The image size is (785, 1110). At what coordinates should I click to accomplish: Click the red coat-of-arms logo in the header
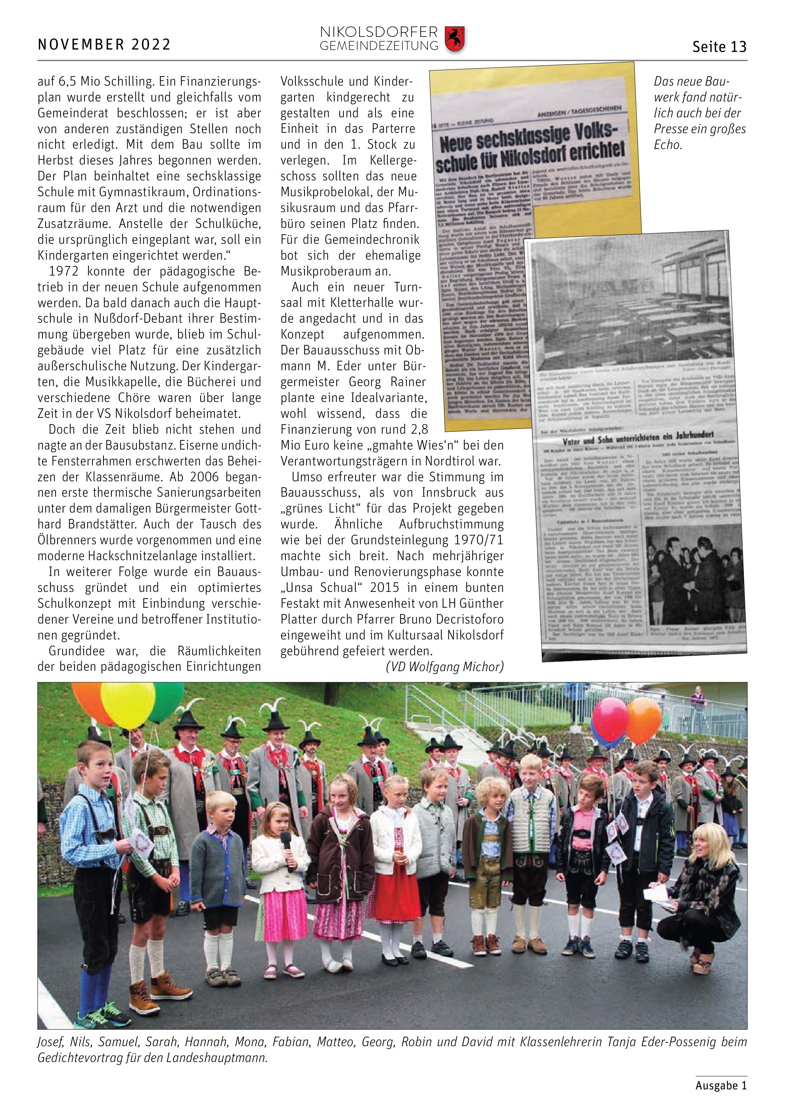tap(454, 39)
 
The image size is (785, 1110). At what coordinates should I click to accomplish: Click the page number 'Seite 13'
tap(719, 47)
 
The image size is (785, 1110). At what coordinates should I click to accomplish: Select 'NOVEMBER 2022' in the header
tap(104, 44)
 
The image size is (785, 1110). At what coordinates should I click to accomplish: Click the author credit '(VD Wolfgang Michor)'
tap(445, 667)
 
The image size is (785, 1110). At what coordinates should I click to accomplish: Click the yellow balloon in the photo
tap(128, 705)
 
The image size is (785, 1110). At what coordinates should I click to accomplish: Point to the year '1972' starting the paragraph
tap(64, 271)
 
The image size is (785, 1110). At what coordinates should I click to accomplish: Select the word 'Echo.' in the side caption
tap(668, 145)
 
